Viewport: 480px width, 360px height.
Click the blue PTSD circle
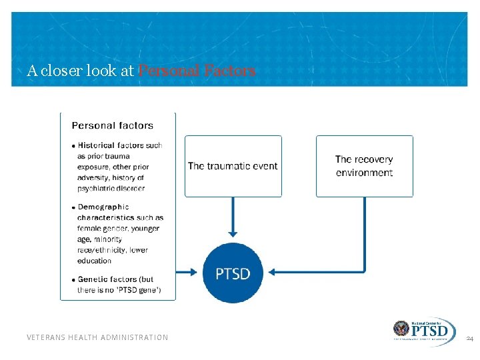233,273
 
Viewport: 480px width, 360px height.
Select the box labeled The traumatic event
233,166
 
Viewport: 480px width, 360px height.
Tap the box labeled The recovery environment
364,166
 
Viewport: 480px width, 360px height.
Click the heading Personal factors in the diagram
112,125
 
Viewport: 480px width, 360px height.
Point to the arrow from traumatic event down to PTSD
233,217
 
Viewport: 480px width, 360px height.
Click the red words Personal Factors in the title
196,71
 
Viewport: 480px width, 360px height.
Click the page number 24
469,339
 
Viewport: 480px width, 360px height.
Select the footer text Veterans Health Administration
97,337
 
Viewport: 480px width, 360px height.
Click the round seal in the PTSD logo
401,329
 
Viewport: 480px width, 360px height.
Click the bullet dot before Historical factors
73,146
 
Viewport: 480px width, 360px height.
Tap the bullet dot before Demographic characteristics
73,208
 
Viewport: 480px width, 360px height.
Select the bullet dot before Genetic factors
73,280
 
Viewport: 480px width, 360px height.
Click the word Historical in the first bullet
96,145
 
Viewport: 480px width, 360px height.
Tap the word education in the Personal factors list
94,261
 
